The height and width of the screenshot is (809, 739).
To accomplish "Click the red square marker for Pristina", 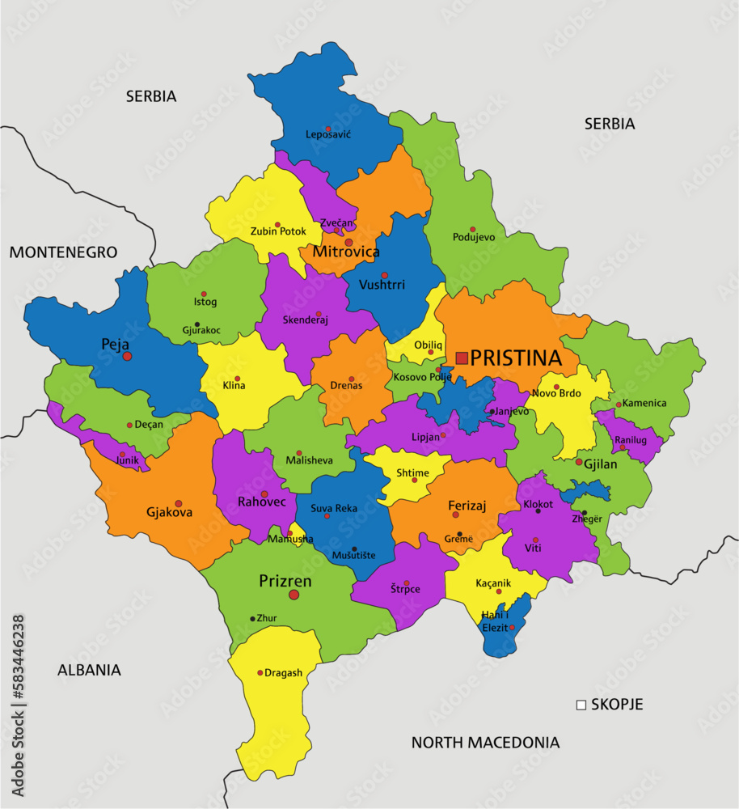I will coord(462,358).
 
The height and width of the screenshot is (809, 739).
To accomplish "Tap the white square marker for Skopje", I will coord(581,705).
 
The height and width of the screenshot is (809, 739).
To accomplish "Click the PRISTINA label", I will coord(516,358).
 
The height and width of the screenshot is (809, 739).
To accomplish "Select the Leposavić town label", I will coord(328,134).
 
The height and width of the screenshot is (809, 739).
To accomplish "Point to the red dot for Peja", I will coord(127,356).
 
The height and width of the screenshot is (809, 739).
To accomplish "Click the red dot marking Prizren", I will coord(293,595).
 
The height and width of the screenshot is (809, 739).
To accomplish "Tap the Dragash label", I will coord(283,672).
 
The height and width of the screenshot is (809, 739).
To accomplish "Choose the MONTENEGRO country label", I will coord(63,252).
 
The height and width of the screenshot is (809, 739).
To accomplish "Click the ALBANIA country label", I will coord(89,670).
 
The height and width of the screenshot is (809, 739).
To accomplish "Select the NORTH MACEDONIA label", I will coord(485,742).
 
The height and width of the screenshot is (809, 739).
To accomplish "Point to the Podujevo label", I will coord(474,237).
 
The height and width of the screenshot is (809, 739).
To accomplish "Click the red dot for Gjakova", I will coord(179,503).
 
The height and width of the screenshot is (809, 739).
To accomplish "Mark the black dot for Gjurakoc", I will coord(197,324).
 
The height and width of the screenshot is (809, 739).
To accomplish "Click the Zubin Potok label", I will coord(277,231).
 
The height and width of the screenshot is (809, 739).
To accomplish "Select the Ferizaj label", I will coord(467,506).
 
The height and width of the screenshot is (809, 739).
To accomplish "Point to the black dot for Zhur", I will coord(253,618).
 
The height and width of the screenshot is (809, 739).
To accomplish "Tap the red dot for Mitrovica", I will coord(348,242).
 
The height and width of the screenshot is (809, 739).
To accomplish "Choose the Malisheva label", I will coord(309,460).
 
